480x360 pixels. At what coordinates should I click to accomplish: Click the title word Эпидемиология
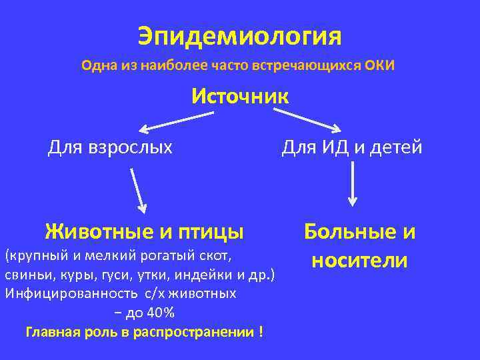click(239, 36)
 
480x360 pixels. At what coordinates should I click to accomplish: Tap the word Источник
click(240, 96)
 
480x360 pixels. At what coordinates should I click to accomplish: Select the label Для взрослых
click(110, 146)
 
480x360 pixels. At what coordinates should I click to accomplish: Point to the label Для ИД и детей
click(352, 146)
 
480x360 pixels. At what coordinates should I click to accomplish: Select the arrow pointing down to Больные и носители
click(353, 183)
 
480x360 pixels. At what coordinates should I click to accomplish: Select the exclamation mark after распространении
click(259, 331)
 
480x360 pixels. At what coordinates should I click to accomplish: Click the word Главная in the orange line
click(51, 331)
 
